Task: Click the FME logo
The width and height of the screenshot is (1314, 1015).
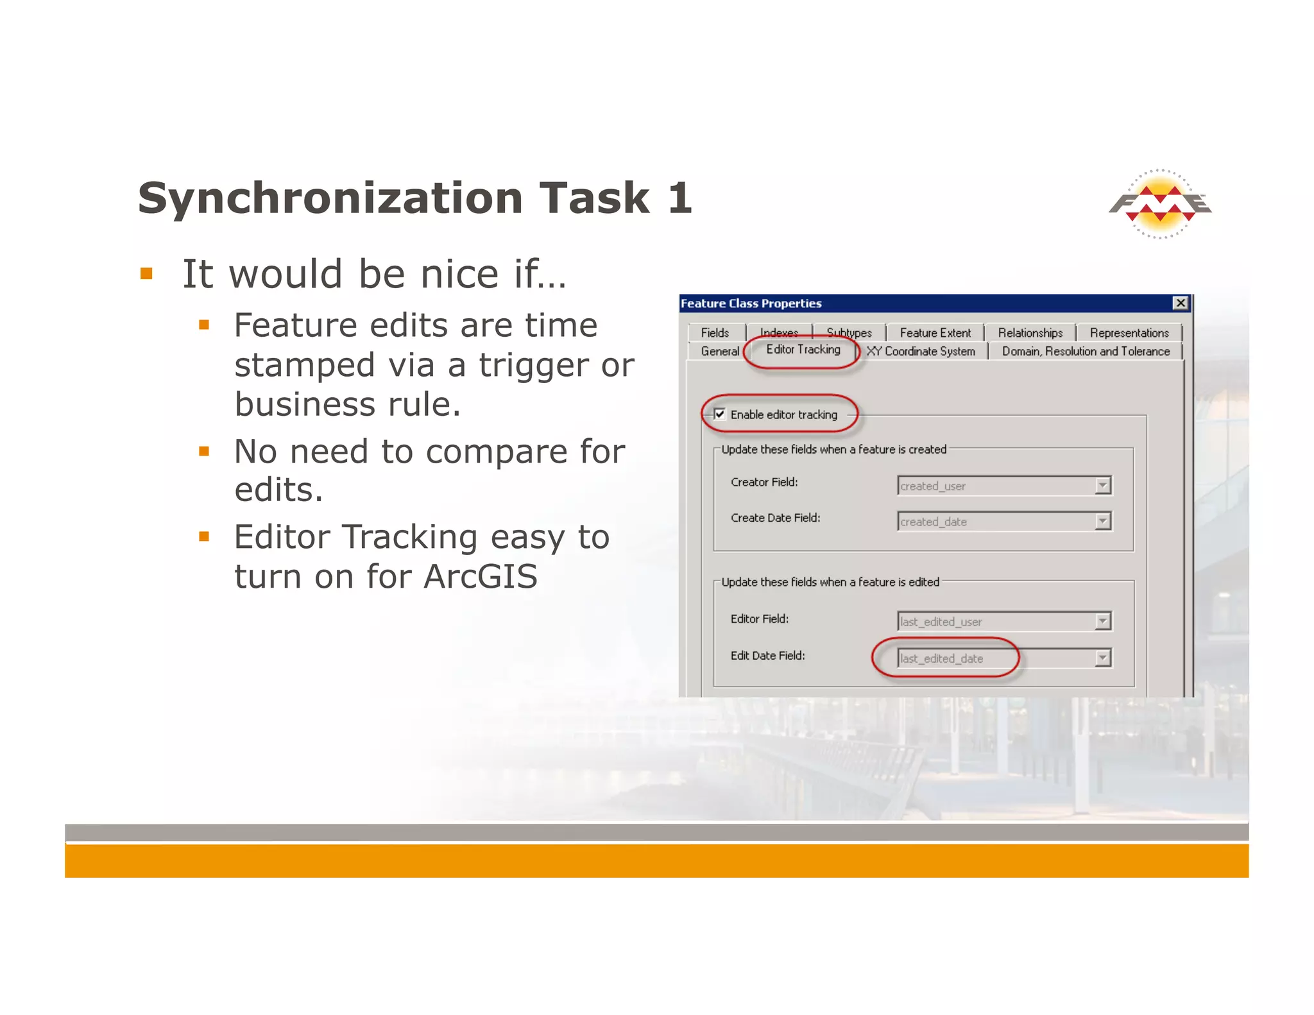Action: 1160,204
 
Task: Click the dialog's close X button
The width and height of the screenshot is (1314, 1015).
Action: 1180,303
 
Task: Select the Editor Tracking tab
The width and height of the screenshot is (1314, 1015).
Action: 803,350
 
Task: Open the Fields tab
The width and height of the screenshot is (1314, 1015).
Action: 715,332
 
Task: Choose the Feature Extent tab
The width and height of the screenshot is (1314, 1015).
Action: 935,332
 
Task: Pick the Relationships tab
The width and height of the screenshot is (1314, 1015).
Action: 1030,332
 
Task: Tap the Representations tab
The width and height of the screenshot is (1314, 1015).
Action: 1129,332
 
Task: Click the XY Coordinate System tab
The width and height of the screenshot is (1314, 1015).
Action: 921,351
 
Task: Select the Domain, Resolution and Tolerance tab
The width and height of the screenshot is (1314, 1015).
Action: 1086,351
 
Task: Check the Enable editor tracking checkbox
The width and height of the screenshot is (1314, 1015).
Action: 720,414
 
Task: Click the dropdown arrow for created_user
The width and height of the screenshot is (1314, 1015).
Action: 1102,486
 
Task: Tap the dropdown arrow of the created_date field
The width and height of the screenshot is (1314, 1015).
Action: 1102,522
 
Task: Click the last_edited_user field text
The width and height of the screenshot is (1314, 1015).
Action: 941,622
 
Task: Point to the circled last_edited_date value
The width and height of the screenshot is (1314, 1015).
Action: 941,658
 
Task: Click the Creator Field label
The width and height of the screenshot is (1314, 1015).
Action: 764,482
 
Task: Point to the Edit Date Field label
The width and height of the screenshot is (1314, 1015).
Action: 767,656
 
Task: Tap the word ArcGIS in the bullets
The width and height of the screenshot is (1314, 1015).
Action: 480,576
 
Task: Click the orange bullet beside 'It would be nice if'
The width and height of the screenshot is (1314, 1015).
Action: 146,275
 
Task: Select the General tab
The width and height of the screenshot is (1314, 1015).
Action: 719,351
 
